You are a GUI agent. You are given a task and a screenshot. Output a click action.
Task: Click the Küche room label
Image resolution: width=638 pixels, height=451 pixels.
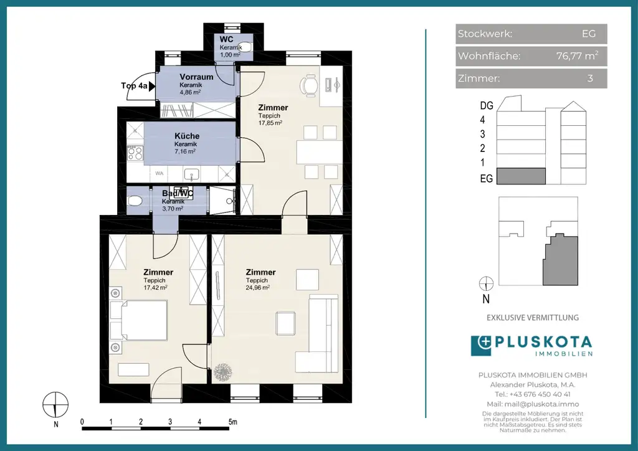coord(187,136)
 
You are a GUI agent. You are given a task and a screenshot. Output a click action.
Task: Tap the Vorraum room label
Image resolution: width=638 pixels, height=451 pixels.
coord(196,77)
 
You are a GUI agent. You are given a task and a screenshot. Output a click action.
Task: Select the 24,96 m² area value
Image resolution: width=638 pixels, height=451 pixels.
coord(257,287)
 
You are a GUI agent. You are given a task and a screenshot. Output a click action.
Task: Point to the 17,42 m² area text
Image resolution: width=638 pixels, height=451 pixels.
coord(155,287)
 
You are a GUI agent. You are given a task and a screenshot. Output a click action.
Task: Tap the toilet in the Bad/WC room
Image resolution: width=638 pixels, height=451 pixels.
coord(135,201)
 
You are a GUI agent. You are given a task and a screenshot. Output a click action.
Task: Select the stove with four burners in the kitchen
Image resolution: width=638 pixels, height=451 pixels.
coord(135,153)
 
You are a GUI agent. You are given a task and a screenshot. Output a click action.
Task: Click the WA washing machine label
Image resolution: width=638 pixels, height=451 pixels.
coord(159,173)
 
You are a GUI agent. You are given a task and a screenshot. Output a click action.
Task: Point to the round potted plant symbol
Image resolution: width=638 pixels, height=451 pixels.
coord(222,371)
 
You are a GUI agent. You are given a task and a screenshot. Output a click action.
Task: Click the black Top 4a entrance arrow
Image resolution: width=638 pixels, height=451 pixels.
coord(152,86)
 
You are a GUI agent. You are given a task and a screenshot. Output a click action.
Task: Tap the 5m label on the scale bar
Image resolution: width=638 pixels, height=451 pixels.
coord(233,422)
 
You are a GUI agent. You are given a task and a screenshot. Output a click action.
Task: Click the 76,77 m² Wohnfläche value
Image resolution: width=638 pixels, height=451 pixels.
coord(577,55)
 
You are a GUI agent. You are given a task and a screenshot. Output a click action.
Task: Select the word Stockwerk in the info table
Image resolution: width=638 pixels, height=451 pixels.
coord(485,34)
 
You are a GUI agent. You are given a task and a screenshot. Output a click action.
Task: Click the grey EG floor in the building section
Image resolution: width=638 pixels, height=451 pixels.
coord(521,176)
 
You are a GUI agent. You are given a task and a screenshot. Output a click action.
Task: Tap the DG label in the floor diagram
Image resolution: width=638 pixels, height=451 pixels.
coord(487,105)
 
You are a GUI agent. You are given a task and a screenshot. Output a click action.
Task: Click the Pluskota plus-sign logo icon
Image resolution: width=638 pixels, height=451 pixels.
coord(481,346)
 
